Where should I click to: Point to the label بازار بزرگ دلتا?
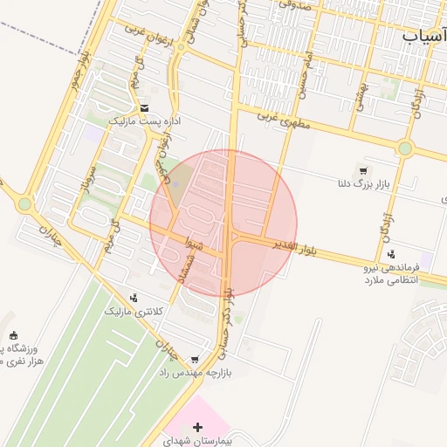(x=364, y=184)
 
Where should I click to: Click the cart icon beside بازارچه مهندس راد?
(x=194, y=359)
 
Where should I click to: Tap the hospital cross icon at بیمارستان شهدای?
(x=199, y=427)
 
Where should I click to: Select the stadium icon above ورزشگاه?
(x=13, y=335)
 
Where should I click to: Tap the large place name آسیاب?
(x=424, y=34)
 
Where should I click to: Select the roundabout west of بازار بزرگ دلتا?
(x=405, y=148)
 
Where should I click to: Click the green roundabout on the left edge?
(x=24, y=204)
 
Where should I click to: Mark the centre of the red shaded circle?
(x=224, y=223)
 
